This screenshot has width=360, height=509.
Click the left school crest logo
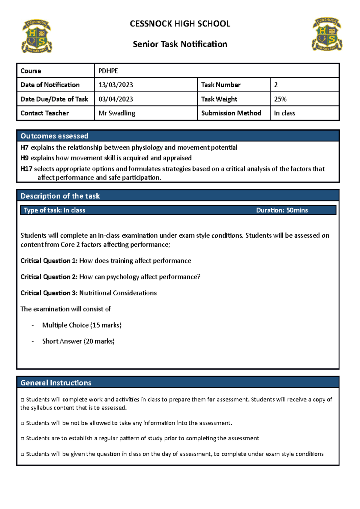click(x=37, y=37)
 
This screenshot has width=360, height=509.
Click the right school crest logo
click(x=327, y=34)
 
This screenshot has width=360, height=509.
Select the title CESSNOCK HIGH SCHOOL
click(x=180, y=24)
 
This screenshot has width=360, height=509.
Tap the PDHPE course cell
click(x=108, y=71)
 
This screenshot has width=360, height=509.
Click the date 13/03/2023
click(x=116, y=85)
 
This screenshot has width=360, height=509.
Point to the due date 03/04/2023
click(x=116, y=99)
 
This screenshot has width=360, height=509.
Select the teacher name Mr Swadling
click(x=117, y=113)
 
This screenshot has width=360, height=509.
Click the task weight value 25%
click(x=280, y=99)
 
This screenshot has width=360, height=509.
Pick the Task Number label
click(x=221, y=85)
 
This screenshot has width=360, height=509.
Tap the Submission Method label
click(x=231, y=113)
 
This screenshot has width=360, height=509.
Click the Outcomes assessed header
click(x=54, y=136)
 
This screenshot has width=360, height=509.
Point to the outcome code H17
click(x=26, y=169)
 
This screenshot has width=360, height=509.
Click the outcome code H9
click(x=24, y=158)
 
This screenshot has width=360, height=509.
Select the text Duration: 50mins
click(x=282, y=210)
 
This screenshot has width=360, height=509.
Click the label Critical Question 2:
click(x=49, y=277)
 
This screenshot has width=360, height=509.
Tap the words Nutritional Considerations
click(x=118, y=293)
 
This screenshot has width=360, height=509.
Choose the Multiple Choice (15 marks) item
click(x=82, y=325)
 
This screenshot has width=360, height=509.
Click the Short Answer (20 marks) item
click(x=78, y=341)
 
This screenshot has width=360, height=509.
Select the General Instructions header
click(x=56, y=383)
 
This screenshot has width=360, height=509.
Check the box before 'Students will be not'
click(x=22, y=424)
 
